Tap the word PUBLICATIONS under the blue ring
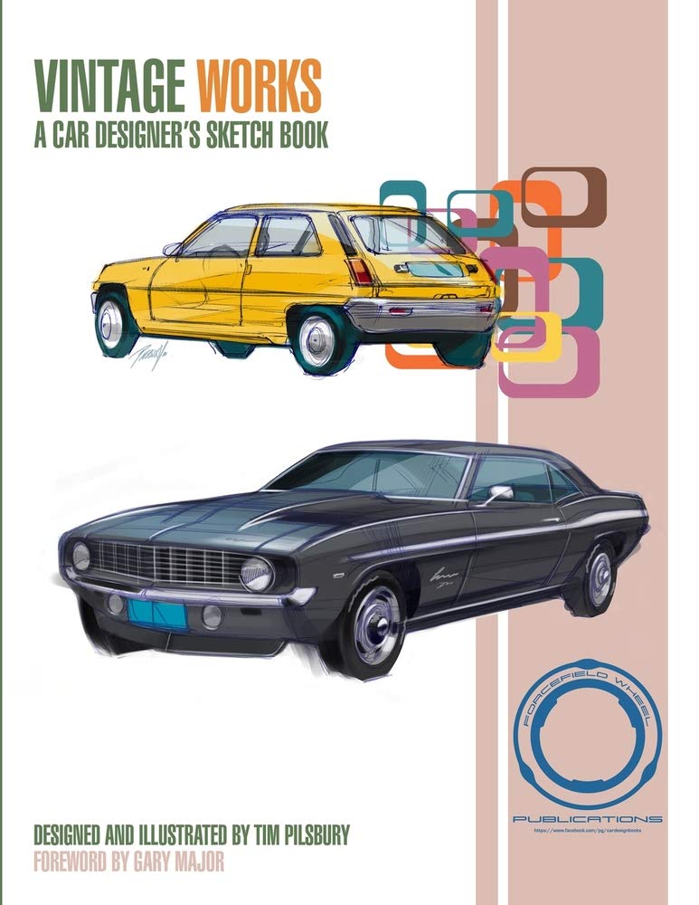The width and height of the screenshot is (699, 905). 587,819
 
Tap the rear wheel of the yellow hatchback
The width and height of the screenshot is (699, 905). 317,341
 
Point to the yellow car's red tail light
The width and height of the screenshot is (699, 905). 360,271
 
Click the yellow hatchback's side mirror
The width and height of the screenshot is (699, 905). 173,248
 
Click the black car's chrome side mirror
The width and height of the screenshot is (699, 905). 498,492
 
